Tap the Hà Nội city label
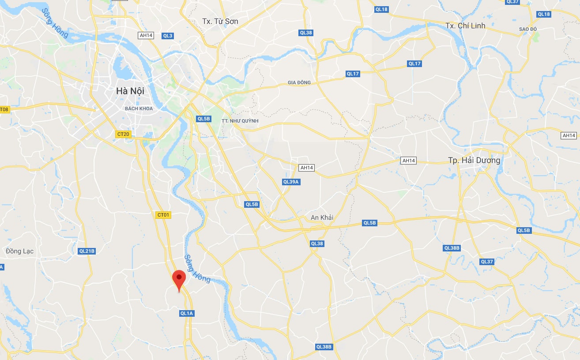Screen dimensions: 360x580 click(x=130, y=91)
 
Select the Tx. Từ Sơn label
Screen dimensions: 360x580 click(x=220, y=21)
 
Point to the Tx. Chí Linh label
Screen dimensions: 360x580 click(x=465, y=26)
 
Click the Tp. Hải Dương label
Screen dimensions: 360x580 click(x=474, y=160)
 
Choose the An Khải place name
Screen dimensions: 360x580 click(x=322, y=217)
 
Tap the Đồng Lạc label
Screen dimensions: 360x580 click(x=20, y=251)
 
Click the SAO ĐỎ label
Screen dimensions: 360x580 click(x=527, y=29)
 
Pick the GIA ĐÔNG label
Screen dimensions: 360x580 click(x=299, y=82)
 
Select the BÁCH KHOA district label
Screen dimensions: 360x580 click(x=139, y=109)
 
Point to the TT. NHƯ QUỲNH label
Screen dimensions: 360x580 click(x=240, y=121)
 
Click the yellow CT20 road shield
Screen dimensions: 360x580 click(x=124, y=134)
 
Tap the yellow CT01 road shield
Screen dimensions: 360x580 click(x=163, y=215)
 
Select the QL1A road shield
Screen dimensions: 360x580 click(x=187, y=313)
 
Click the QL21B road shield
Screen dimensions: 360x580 click(x=87, y=251)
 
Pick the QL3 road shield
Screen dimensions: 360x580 click(x=168, y=36)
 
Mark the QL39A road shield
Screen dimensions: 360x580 click(x=291, y=182)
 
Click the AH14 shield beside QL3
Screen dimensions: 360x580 click(x=146, y=36)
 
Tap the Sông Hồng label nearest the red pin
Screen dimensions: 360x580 click(x=197, y=268)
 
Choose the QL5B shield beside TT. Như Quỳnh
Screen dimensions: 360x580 click(x=204, y=119)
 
